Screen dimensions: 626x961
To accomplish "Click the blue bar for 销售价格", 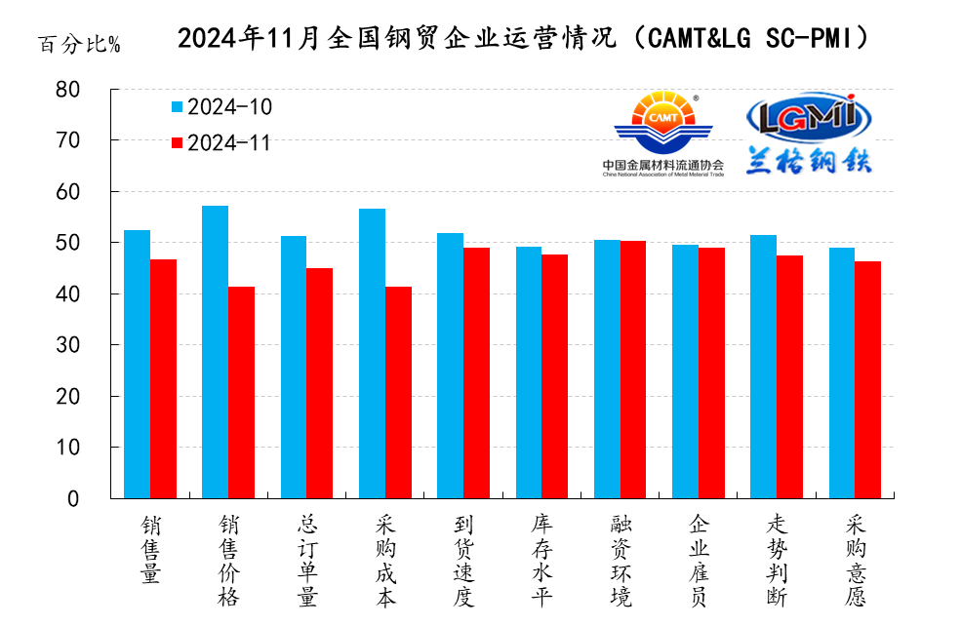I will pyautogui.click(x=215, y=352).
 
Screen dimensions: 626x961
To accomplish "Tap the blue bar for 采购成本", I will pyautogui.click(x=372, y=353).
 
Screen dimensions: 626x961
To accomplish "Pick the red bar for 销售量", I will pyautogui.click(x=163, y=378).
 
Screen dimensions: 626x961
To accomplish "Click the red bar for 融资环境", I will pyautogui.click(x=633, y=370).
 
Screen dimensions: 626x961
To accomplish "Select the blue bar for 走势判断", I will pyautogui.click(x=763, y=367).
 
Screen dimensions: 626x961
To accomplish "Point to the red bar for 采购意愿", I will pyautogui.click(x=867, y=379).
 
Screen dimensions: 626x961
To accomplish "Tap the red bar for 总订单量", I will pyautogui.click(x=320, y=383).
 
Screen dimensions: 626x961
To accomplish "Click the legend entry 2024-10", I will pyautogui.click(x=220, y=107).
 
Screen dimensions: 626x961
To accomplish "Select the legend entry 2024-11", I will pyautogui.click(x=220, y=143).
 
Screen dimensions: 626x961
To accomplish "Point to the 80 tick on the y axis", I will pyautogui.click(x=94, y=90).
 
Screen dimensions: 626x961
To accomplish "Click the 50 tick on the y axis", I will pyautogui.click(x=94, y=243).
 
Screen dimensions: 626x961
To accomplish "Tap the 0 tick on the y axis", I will pyautogui.click(x=100, y=498).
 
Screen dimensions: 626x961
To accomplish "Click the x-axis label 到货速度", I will pyautogui.click(x=462, y=560).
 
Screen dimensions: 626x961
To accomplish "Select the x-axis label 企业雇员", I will pyautogui.click(x=698, y=560).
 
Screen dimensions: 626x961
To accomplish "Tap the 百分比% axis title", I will pyautogui.click(x=79, y=45).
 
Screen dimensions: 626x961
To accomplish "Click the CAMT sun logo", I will pyautogui.click(x=663, y=122).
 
